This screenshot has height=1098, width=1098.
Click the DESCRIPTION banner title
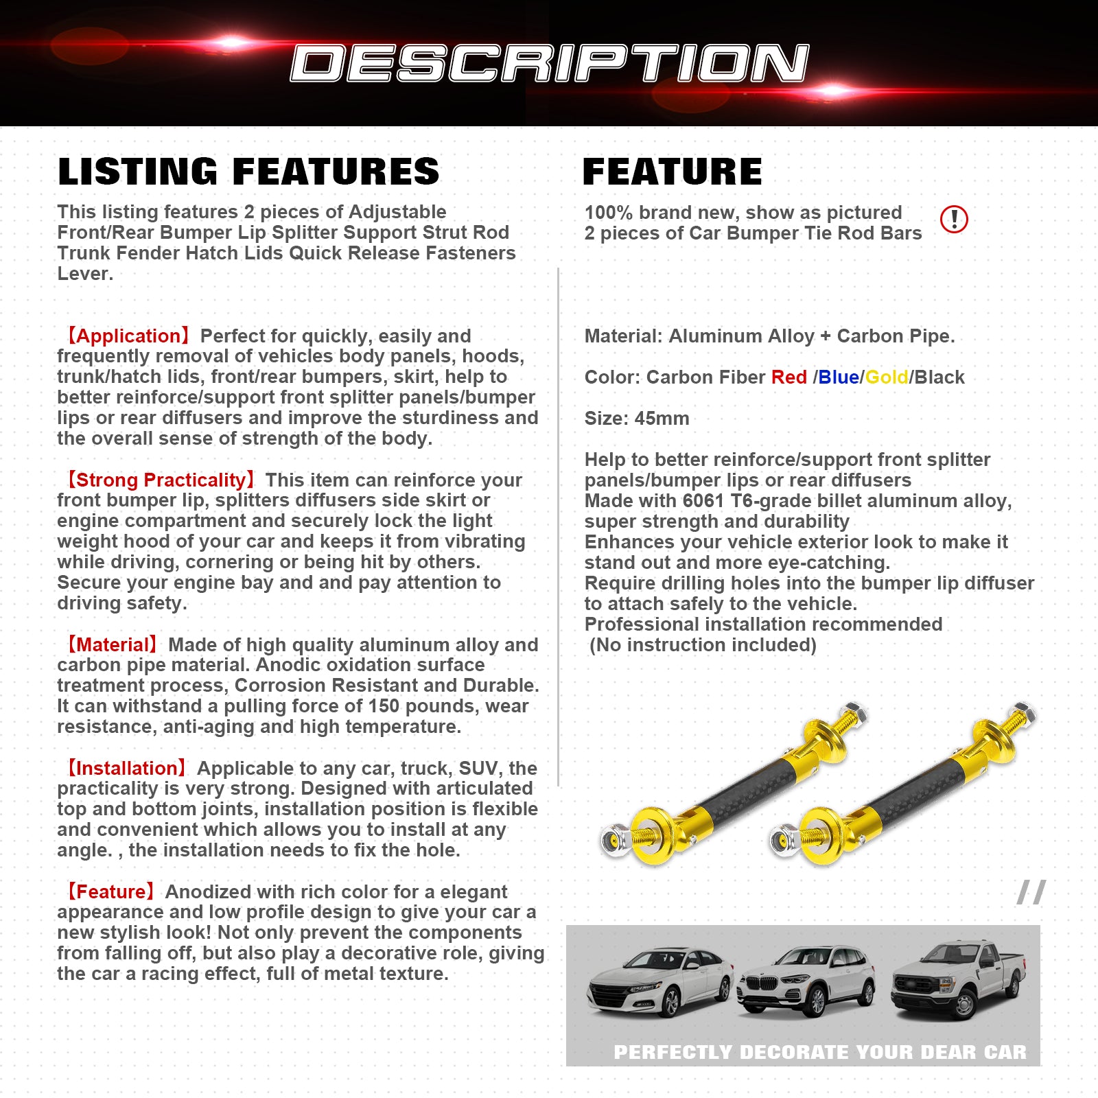point(549,63)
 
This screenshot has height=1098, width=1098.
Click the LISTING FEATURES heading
point(248,172)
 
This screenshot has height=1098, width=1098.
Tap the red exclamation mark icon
point(954,219)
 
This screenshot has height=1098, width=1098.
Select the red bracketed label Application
point(126,336)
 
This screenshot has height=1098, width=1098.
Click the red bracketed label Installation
point(125,768)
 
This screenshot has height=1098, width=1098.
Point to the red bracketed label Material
point(110,644)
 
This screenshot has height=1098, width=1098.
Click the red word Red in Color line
point(789,377)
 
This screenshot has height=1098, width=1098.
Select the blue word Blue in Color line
point(839,377)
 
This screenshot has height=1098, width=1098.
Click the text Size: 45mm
point(637,418)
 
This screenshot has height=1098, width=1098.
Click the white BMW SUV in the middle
point(806,981)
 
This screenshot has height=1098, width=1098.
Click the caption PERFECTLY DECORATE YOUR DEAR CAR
point(819,1052)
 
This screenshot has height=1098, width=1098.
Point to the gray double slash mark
point(1031,892)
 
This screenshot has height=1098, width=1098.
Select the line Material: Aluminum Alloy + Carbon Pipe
point(769,336)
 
